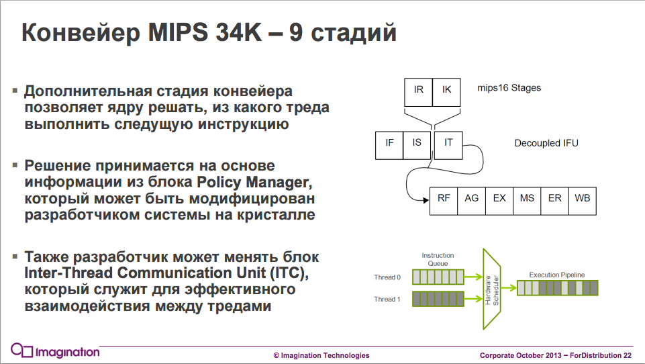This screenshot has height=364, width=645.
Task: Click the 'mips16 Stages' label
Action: point(509,88)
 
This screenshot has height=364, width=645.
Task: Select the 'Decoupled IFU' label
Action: point(546,143)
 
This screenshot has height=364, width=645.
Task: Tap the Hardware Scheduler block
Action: point(493,288)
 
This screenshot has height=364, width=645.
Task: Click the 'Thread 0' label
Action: point(387,277)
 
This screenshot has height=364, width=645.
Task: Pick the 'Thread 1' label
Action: point(387,300)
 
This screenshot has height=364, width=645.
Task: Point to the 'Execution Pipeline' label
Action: point(557,275)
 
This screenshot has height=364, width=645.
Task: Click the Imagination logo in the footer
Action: point(55,351)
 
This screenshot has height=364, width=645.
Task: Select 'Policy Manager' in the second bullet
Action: point(253,182)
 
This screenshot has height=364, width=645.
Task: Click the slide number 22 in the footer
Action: point(628,355)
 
